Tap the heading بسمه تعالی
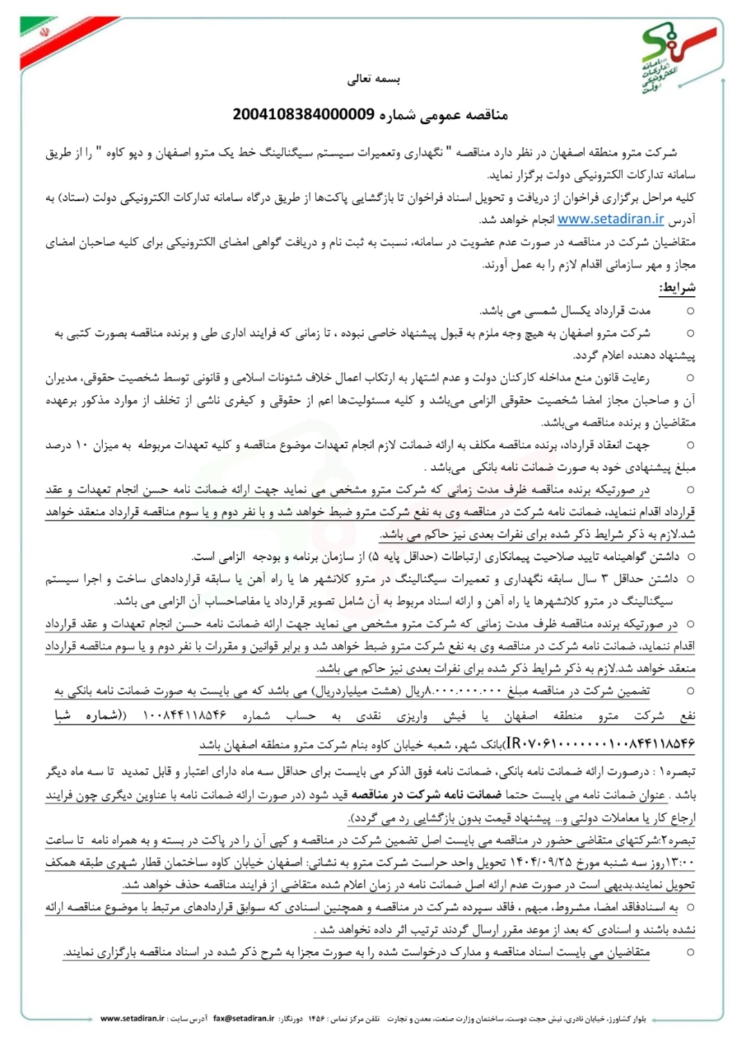coord(374,79)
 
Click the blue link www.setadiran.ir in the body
coord(611,220)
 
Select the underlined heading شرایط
coord(677,288)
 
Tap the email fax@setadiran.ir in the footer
coord(244,1019)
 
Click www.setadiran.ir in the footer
coord(132,1019)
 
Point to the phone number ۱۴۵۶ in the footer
coord(316,1019)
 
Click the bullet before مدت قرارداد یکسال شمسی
coord(690,310)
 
